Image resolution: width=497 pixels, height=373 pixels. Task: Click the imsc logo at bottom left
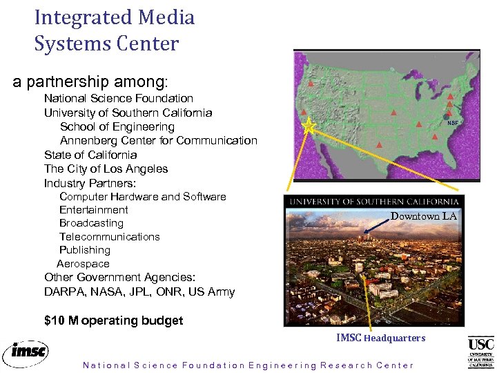point(26,352)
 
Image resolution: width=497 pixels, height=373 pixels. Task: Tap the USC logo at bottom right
point(480,352)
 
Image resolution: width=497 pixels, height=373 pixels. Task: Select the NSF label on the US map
point(452,123)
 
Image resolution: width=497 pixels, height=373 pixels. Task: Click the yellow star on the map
point(309,126)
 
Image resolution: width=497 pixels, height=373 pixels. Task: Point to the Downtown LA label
point(424,216)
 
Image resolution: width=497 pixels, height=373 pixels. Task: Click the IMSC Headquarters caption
point(380,338)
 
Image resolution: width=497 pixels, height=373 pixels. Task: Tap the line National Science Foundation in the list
point(118,99)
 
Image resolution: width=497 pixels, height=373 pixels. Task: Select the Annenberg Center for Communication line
point(158,141)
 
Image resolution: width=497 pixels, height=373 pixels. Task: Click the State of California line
point(90,155)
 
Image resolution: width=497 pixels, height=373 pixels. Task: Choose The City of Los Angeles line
point(106,169)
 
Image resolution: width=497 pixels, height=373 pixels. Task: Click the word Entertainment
point(93,209)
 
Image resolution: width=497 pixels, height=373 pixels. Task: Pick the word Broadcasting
point(91,223)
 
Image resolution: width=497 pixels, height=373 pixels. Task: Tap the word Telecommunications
point(109,236)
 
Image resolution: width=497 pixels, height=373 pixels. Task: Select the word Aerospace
point(83,264)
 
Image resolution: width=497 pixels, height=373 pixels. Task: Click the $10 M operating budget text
point(113,321)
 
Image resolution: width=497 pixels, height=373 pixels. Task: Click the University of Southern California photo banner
point(376,202)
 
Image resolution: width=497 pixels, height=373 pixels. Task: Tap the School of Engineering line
point(117,127)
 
